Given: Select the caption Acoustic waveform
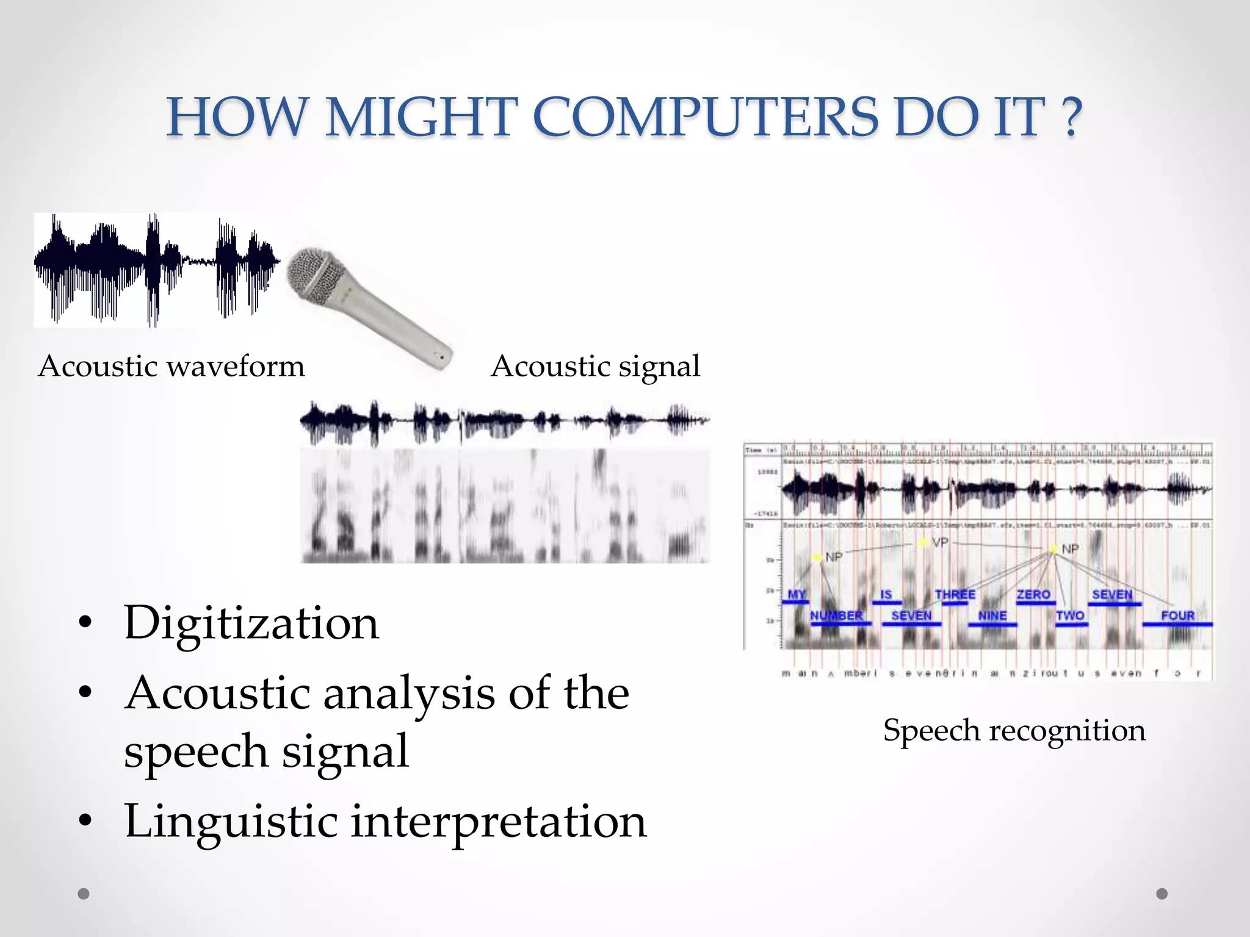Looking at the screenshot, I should [x=172, y=367].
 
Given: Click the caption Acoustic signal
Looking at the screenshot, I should [x=596, y=367].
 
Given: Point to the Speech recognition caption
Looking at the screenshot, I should [x=1014, y=730].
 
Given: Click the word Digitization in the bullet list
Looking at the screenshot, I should [x=251, y=623].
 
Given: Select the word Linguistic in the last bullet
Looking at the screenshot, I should [x=231, y=821].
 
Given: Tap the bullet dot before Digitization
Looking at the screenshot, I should [x=85, y=623].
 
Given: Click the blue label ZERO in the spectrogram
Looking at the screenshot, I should [x=1033, y=594].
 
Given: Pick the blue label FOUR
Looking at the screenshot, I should [x=1177, y=616].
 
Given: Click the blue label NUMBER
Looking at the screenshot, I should [x=836, y=616].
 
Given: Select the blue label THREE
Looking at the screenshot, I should [x=955, y=594].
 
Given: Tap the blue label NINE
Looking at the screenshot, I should [x=992, y=616].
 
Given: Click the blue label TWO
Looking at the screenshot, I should [x=1070, y=616].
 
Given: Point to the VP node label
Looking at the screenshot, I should [x=940, y=542].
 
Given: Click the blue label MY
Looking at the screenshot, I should [x=797, y=594].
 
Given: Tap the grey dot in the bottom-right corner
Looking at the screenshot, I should [x=1162, y=894].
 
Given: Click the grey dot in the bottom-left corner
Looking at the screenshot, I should [x=84, y=894].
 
